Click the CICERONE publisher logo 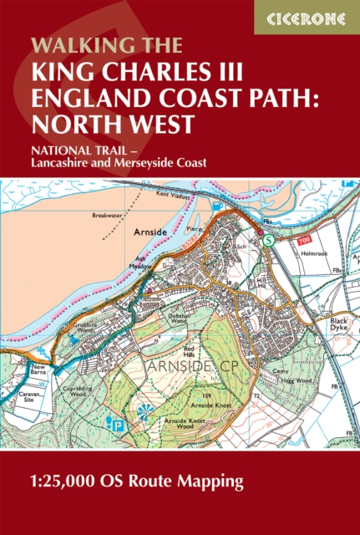[307, 17]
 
